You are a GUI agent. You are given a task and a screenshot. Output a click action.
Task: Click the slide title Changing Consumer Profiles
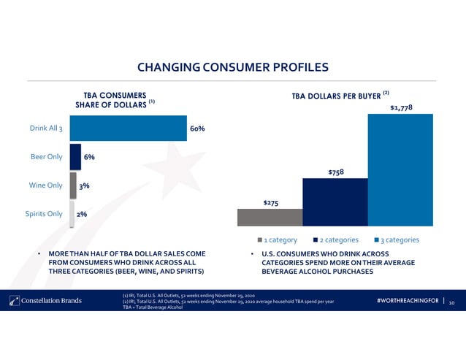coord(233,68)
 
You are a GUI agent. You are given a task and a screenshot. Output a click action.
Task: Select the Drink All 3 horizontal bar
coord(128,129)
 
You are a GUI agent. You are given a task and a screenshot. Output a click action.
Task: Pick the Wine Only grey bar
coord(73,185)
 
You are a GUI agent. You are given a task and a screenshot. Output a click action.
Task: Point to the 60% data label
coord(197,129)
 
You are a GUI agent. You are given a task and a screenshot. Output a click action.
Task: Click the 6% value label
coord(89,157)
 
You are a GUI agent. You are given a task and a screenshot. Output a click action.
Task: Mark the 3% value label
coord(85,185)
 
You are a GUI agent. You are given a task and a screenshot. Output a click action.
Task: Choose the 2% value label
coord(83,214)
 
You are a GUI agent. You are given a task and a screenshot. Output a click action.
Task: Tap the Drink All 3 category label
coord(46,129)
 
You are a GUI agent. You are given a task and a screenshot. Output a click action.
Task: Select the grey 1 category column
coord(270,218)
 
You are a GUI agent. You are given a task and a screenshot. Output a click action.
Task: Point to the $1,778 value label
coord(401,107)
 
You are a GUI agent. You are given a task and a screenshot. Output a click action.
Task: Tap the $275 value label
coord(270,202)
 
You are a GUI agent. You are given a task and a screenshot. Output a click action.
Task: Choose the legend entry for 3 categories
coord(396,240)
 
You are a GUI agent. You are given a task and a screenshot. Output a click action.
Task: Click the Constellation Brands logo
coord(45,300)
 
